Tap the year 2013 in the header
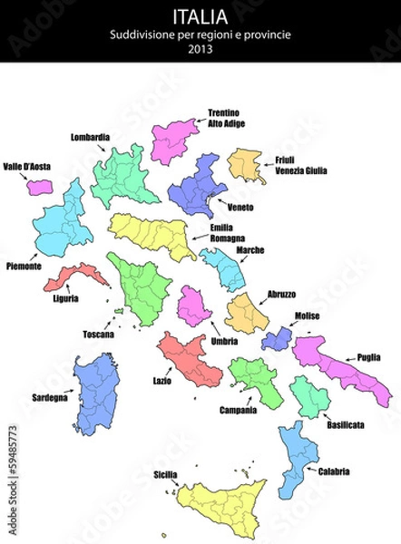coord(200,49)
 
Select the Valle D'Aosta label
coord(25,167)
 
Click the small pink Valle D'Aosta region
coord(39,187)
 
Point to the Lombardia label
coord(90,137)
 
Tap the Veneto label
coord(240,208)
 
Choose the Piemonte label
coord(23,267)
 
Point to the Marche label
coord(250,249)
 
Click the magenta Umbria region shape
coord(193,306)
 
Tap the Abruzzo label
coord(281,294)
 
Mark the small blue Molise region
coord(276,339)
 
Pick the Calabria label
coord(334,471)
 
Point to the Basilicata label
coord(346,424)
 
